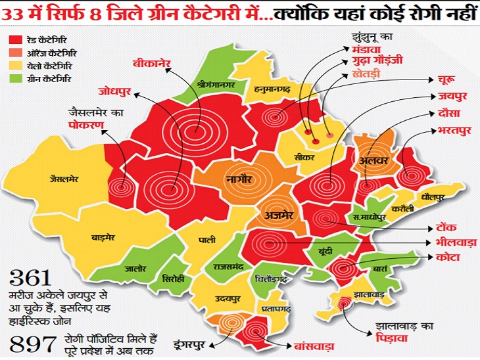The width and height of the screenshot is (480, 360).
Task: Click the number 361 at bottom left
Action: [33, 277]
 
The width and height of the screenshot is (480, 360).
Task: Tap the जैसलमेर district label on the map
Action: [64, 178]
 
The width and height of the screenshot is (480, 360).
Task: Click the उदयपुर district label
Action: [226, 298]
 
